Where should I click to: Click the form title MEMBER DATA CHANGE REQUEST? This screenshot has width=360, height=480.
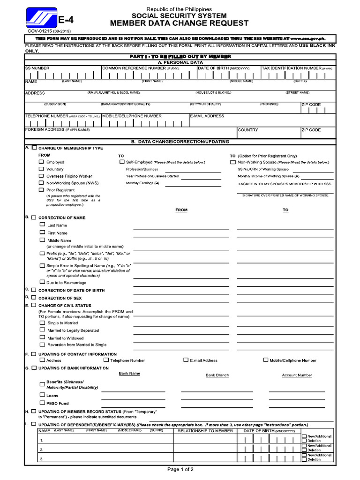point(180,23)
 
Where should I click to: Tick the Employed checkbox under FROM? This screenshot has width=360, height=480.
point(41,162)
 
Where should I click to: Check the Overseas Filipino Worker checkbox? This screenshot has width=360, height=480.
point(41,176)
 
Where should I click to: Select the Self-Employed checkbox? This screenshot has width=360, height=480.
point(121,162)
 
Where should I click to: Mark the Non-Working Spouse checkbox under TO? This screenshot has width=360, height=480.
point(233,162)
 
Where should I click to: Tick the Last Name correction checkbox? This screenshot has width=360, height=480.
point(42,225)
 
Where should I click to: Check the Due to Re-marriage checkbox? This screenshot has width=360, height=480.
point(42,282)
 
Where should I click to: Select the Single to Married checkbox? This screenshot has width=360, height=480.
point(42,322)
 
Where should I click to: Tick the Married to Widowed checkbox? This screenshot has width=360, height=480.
point(42,337)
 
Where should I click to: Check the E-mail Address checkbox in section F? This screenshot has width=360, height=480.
point(186,360)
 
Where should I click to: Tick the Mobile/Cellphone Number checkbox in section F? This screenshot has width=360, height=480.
point(266,360)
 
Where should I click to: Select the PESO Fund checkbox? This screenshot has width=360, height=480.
point(42,403)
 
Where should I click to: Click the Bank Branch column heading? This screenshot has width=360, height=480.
point(217,375)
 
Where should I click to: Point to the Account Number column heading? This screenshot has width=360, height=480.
point(297,375)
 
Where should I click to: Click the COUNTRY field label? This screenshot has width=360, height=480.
point(247,130)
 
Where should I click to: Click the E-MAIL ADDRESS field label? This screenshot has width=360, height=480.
point(207,116)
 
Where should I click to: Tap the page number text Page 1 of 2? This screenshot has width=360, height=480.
point(180,469)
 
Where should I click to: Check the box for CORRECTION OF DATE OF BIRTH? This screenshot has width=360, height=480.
point(33,290)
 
